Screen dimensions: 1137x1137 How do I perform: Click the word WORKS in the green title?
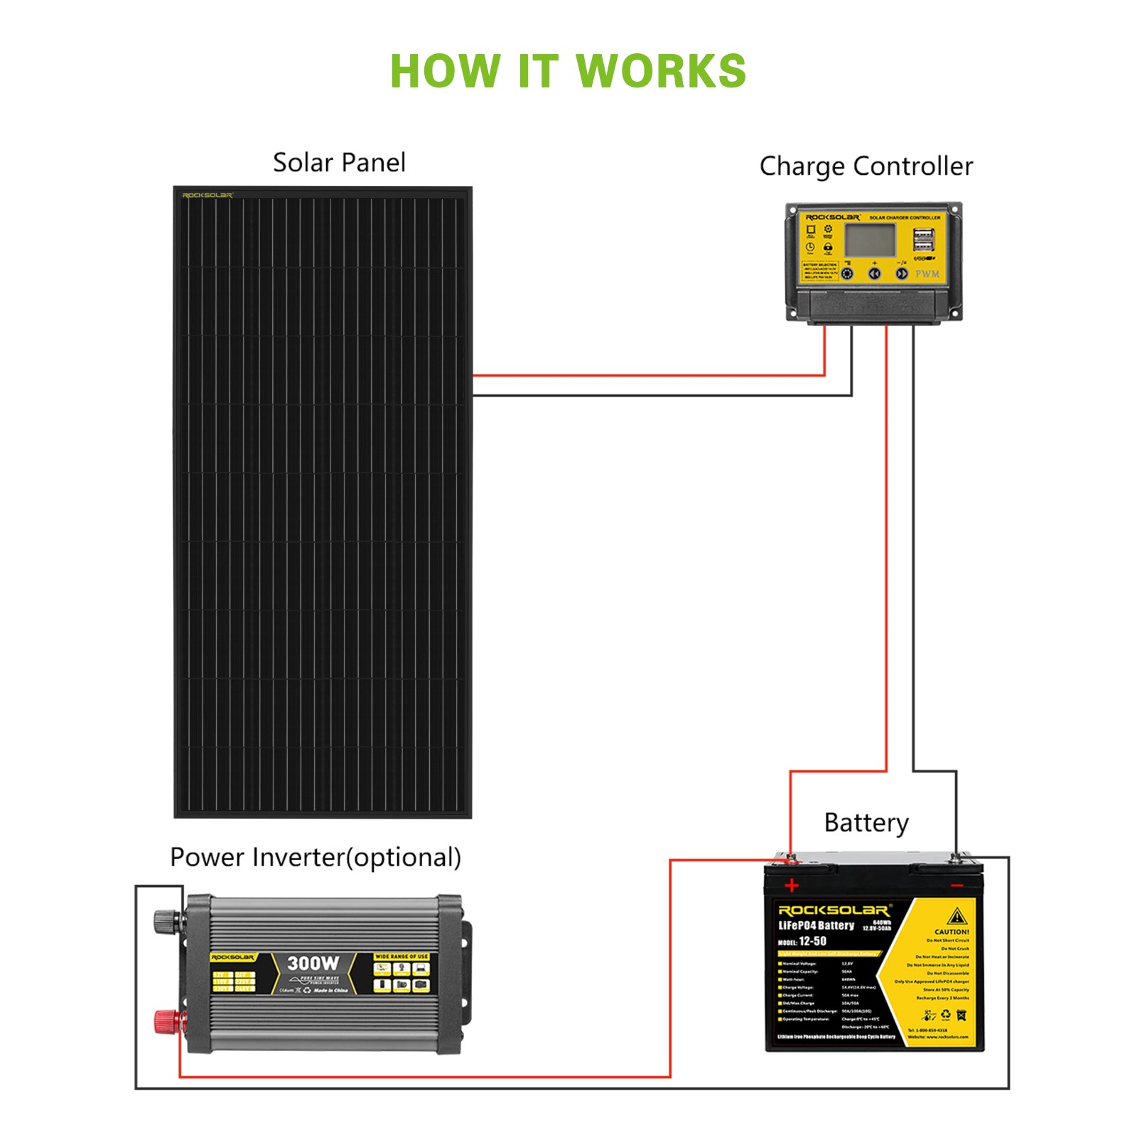[x=661, y=71]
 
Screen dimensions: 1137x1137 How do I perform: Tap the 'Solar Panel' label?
[x=339, y=163]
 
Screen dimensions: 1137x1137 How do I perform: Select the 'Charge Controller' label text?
[x=866, y=166]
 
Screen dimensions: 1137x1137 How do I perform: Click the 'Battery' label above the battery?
[x=866, y=823]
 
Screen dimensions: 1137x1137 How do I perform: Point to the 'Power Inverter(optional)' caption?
[x=316, y=857]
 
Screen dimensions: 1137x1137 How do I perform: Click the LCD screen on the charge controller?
[x=870, y=239]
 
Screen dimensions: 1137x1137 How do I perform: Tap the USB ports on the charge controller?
[x=923, y=239]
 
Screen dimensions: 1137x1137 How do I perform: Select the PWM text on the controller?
[x=927, y=274]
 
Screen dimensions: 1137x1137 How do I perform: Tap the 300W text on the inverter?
[x=313, y=964]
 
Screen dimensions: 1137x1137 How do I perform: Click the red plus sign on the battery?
[x=792, y=885]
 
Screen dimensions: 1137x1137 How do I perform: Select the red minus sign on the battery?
[x=957, y=885]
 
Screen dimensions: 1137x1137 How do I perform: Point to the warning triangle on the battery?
[x=957, y=915]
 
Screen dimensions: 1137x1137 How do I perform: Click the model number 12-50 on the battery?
[x=812, y=941]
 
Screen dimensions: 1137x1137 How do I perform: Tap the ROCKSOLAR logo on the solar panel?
[x=208, y=195]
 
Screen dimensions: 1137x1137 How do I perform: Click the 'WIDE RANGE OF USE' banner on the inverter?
[x=402, y=957]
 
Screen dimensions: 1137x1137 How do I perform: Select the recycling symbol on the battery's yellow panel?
[x=946, y=1015]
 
